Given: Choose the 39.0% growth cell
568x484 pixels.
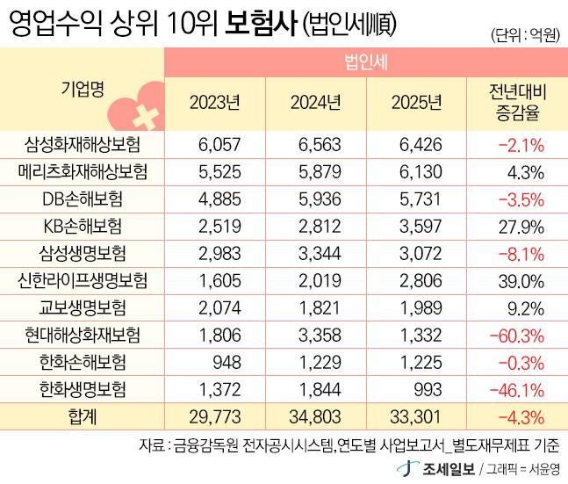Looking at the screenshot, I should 523,280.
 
